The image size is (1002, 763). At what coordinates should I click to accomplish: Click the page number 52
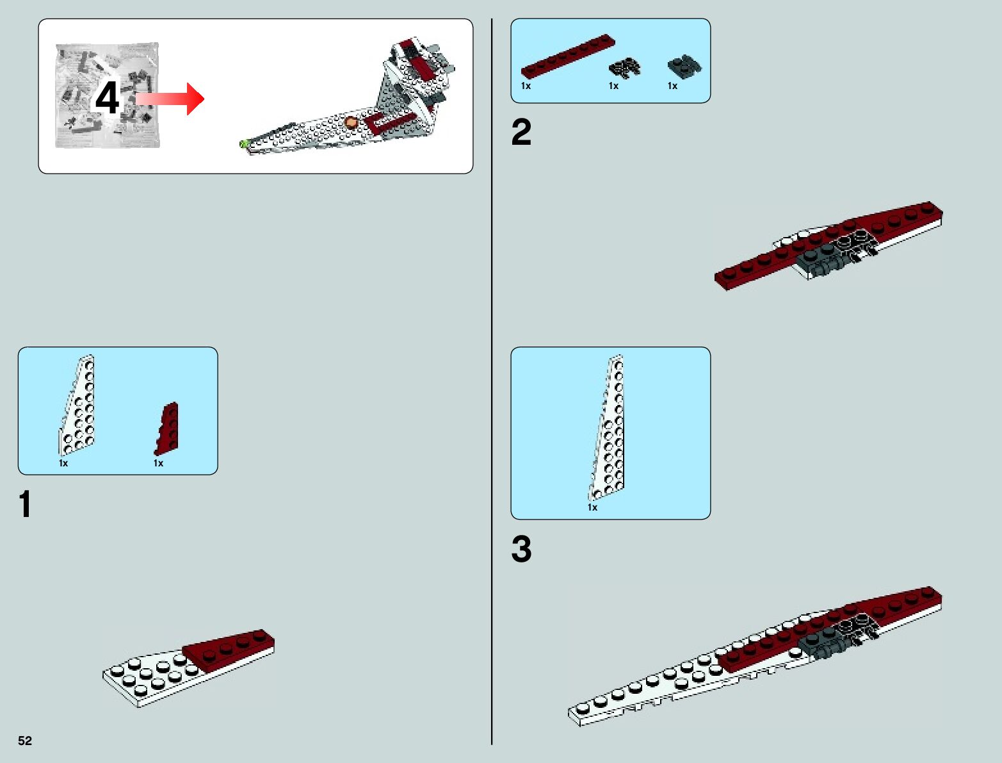click(x=25, y=741)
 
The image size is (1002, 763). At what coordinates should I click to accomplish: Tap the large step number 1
click(x=25, y=504)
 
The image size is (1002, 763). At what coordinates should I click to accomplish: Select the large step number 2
click(x=521, y=133)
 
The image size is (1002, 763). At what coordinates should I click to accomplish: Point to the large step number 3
click(x=521, y=550)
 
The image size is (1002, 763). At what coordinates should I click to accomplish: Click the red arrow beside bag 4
click(x=170, y=99)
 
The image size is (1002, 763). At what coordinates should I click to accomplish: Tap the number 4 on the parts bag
click(x=108, y=98)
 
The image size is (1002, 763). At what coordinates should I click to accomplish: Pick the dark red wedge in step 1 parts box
click(x=167, y=429)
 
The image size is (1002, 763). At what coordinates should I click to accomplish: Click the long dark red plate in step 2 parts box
click(x=568, y=56)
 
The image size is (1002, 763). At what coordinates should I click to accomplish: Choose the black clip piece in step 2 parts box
click(x=624, y=67)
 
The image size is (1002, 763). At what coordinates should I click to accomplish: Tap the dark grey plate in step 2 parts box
click(x=684, y=65)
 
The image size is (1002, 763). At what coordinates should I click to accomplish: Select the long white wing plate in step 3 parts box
click(x=608, y=429)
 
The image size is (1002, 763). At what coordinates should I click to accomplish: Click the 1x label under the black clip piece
click(x=613, y=86)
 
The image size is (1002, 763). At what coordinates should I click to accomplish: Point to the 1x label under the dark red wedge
click(x=158, y=463)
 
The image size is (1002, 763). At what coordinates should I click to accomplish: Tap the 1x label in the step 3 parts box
click(x=592, y=507)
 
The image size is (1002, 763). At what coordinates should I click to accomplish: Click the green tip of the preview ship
click(x=243, y=144)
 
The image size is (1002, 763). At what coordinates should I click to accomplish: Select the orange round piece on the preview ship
click(x=350, y=122)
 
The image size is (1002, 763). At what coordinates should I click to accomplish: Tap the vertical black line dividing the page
click(x=492, y=384)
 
